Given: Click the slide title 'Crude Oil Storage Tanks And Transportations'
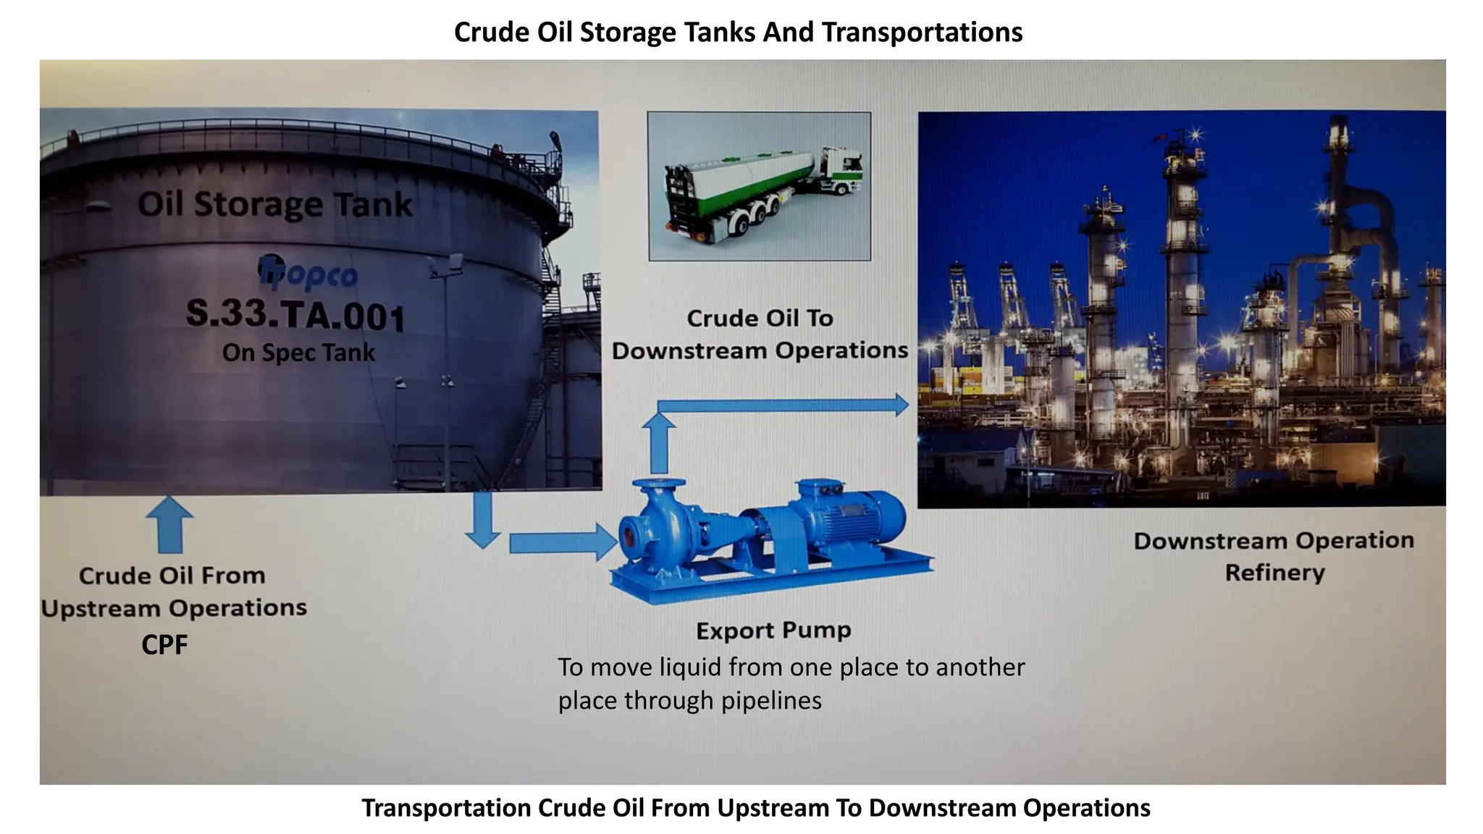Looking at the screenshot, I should click(738, 33).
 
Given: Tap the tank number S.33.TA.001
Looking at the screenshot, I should click(295, 315).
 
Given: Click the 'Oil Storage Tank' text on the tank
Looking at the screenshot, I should click(274, 204).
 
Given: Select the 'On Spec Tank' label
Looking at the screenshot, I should click(298, 353).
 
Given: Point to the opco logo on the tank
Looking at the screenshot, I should click(308, 273).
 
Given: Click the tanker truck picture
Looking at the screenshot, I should click(759, 186).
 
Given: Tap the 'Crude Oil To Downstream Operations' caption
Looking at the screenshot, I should click(760, 334).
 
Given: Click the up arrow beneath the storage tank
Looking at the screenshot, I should click(169, 525).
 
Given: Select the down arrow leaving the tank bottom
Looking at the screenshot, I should click(482, 520).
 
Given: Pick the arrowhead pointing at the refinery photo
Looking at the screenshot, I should click(901, 405).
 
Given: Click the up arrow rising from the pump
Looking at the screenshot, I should click(659, 442).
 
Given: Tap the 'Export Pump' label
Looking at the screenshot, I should click(773, 630).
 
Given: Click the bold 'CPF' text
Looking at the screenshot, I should click(164, 644).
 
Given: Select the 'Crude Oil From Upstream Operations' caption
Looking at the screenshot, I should click(174, 591).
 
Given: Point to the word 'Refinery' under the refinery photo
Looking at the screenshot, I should click(1274, 573).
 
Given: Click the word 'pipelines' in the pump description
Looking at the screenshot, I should click(771, 701).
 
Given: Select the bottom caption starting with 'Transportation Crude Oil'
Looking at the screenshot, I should click(755, 808).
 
